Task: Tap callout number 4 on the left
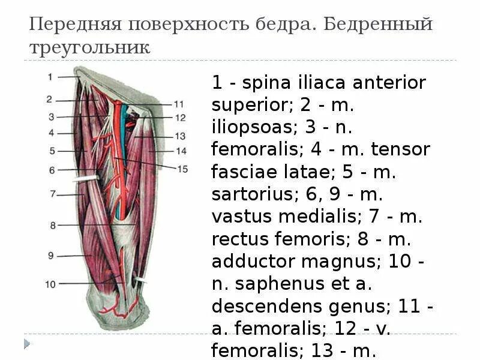(x=52, y=133)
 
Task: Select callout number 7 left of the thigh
(x=52, y=193)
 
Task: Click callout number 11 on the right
(x=179, y=103)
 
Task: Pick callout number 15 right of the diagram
(x=182, y=169)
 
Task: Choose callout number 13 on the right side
(x=180, y=136)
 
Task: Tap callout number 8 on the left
(x=52, y=226)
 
